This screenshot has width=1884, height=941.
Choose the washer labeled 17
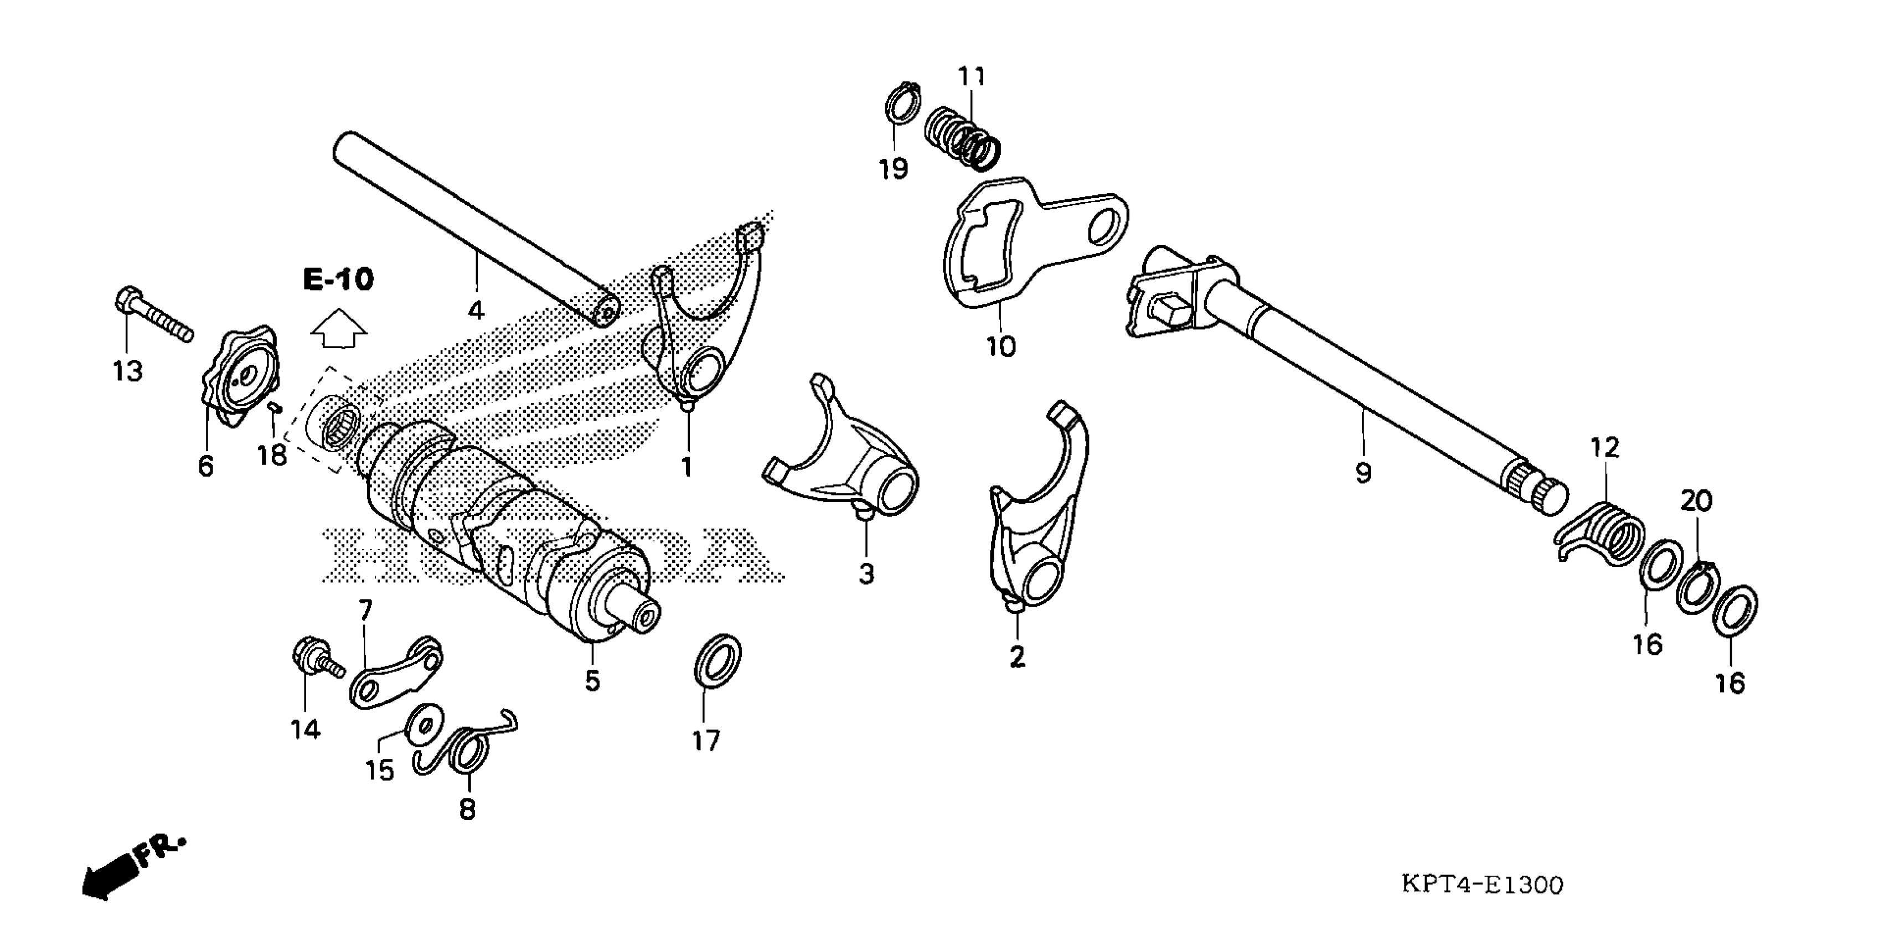tap(717, 660)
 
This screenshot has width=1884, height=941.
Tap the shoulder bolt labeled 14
tap(313, 656)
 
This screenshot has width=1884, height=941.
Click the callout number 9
tap(1363, 474)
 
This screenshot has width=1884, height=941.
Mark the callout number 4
tap(476, 310)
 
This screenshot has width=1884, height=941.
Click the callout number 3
tap(866, 573)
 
